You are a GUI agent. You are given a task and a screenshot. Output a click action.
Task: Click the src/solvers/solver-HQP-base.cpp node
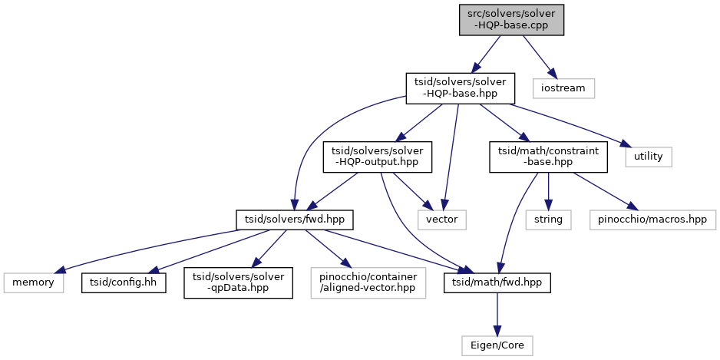511,20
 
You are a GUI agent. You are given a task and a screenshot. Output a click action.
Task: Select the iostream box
564,88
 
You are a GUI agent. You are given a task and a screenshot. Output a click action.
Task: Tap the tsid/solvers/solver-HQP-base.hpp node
460,88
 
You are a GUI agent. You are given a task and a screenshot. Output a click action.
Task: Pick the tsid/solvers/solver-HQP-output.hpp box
378,157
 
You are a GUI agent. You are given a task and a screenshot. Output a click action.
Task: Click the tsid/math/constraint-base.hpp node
548,157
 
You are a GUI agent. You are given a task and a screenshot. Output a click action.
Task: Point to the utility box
649,157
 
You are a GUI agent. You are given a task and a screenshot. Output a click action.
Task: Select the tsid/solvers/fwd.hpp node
294,220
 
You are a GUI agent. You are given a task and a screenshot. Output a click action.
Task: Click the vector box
441,220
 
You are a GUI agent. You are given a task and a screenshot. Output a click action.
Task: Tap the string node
548,220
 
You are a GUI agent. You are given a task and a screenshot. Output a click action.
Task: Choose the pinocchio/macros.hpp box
652,220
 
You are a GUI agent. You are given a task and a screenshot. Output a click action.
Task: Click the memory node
33,282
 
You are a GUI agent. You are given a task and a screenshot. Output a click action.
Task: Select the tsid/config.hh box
124,282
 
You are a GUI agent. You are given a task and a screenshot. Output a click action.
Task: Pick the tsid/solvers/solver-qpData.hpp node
238,282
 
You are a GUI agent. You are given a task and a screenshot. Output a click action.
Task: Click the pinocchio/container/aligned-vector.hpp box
368,282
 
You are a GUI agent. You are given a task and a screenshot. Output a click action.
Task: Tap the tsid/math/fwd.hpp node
497,282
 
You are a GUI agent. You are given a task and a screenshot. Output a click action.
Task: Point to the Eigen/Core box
497,345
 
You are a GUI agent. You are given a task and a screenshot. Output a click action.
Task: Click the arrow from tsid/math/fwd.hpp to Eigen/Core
497,314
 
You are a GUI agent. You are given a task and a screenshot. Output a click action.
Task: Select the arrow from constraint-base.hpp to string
548,191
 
